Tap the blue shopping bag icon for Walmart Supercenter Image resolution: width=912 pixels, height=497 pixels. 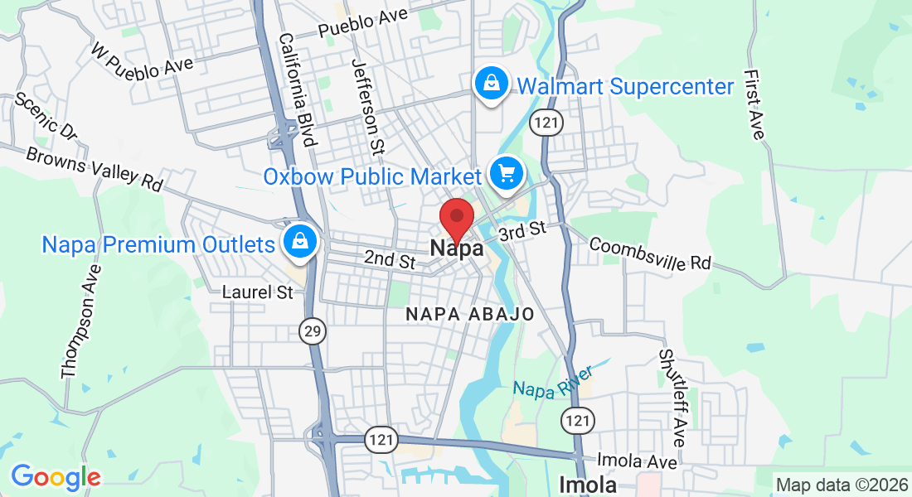[491, 84]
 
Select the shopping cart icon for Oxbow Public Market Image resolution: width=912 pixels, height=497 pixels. [506, 174]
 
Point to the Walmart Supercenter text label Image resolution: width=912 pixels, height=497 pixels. [626, 87]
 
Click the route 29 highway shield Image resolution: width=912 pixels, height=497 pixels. [313, 332]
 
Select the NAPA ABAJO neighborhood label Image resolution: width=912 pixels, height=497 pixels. [470, 315]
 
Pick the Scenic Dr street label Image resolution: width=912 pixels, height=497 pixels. [46, 115]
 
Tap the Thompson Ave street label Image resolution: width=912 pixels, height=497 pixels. [80, 321]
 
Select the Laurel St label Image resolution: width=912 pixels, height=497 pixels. [258, 292]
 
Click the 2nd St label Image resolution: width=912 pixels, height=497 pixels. [390, 260]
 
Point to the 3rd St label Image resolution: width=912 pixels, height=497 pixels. [523, 231]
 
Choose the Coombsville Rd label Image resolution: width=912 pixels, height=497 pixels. [650, 254]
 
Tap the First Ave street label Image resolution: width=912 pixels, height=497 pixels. [754, 104]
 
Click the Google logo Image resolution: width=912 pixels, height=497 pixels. [56, 477]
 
